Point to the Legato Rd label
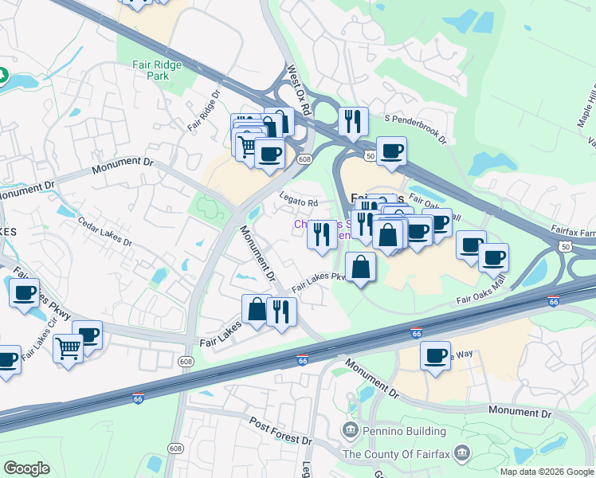(299, 202)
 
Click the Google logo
(26, 468)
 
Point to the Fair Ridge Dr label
(203, 111)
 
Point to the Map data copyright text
(546, 472)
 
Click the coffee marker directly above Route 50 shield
(390, 151)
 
